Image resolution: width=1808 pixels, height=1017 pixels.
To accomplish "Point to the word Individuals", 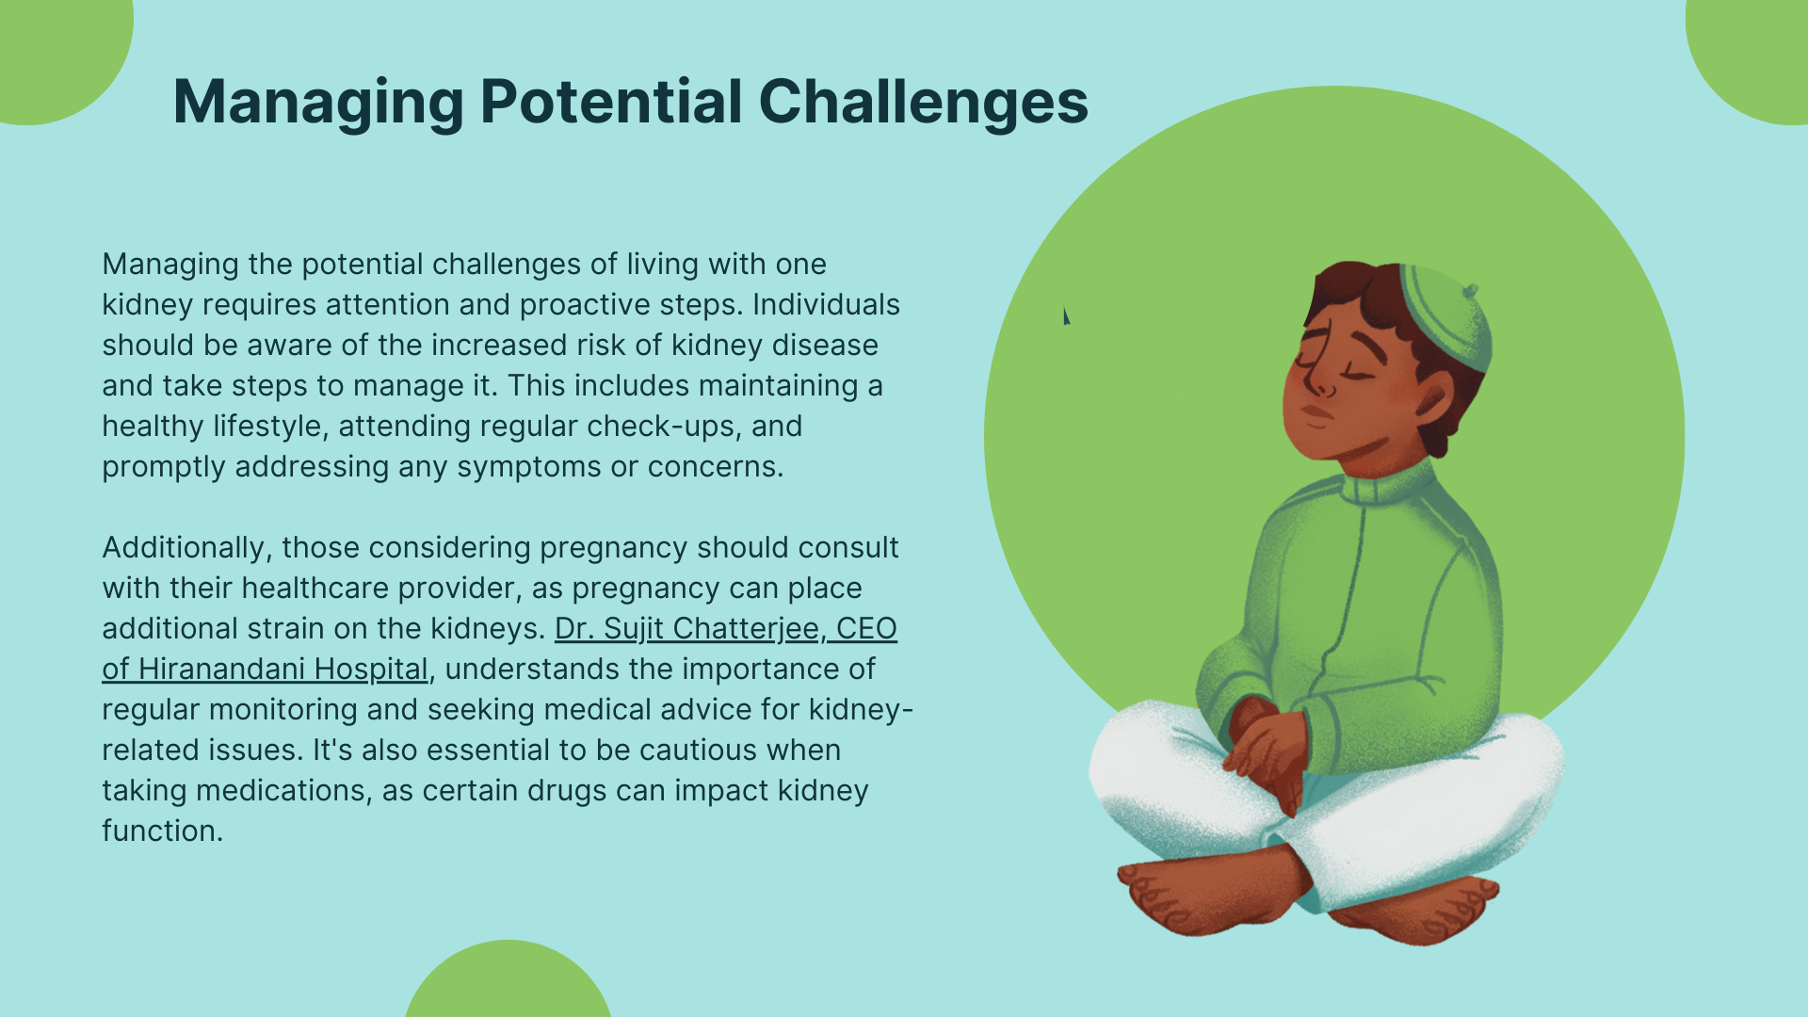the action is pos(826,304).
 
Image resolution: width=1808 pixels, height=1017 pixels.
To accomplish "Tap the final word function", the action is pos(162,831).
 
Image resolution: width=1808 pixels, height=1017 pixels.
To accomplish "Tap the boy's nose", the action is pos(1322,382).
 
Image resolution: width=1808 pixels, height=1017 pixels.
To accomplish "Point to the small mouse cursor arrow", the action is pos(1066,315).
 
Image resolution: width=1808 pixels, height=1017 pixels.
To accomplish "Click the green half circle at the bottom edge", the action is pos(508,979).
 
